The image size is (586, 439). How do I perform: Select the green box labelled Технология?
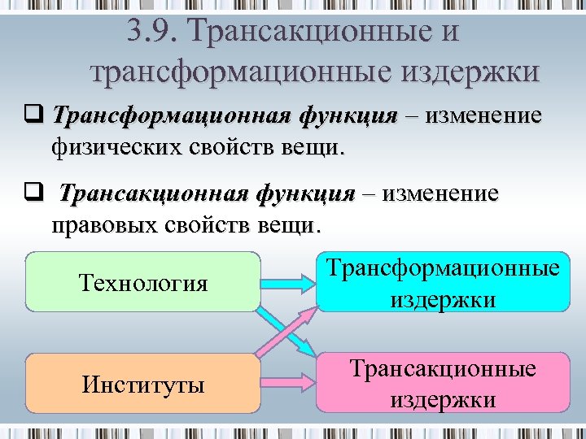pos(143,282)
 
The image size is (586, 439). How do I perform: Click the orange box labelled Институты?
pos(143,383)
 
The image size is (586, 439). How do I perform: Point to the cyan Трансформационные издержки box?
pos(443,284)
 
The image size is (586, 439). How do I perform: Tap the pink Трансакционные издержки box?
pos(443,383)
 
